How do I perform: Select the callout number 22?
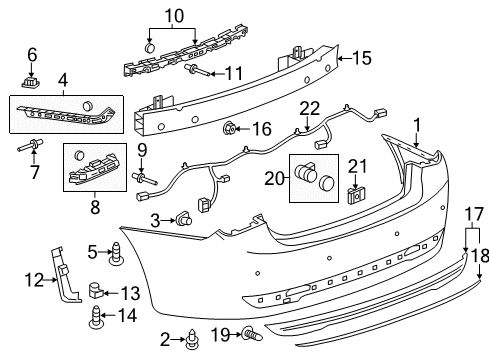coord(310,106)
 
